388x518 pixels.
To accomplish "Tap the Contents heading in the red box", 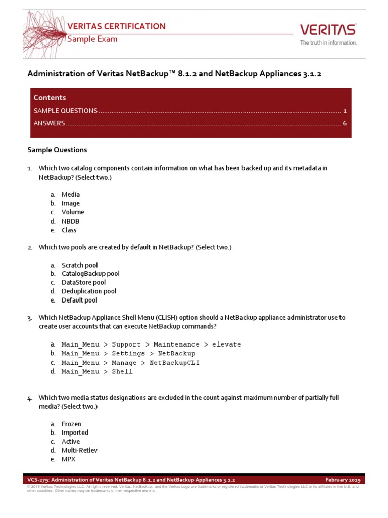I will pyautogui.click(x=50, y=97).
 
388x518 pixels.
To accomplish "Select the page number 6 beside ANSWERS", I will pyautogui.click(x=344, y=123).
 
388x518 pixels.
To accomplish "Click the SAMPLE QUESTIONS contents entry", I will pyautogui.click(x=66, y=111).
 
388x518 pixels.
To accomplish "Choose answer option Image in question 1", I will pyautogui.click(x=71, y=203).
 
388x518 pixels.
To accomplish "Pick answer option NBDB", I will pyautogui.click(x=71, y=221).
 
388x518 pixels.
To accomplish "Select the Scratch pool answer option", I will pyautogui.click(x=79, y=265).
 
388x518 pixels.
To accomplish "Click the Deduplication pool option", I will pyautogui.click(x=88, y=291).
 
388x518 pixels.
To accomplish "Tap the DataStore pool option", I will pyautogui.click(x=83, y=282).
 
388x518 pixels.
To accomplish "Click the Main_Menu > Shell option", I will pyautogui.click(x=97, y=372).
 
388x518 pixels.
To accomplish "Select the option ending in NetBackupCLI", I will pyautogui.click(x=130, y=363).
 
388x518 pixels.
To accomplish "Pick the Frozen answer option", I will pyautogui.click(x=71, y=424).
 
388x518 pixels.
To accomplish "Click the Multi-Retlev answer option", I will pyautogui.click(x=79, y=450).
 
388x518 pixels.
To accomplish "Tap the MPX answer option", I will pyautogui.click(x=69, y=459).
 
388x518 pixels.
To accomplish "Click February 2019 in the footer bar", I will pyautogui.click(x=343, y=480).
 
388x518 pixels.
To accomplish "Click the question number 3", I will pyautogui.click(x=29, y=318).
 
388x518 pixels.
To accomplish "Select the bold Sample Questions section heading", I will pyautogui.click(x=57, y=150).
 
